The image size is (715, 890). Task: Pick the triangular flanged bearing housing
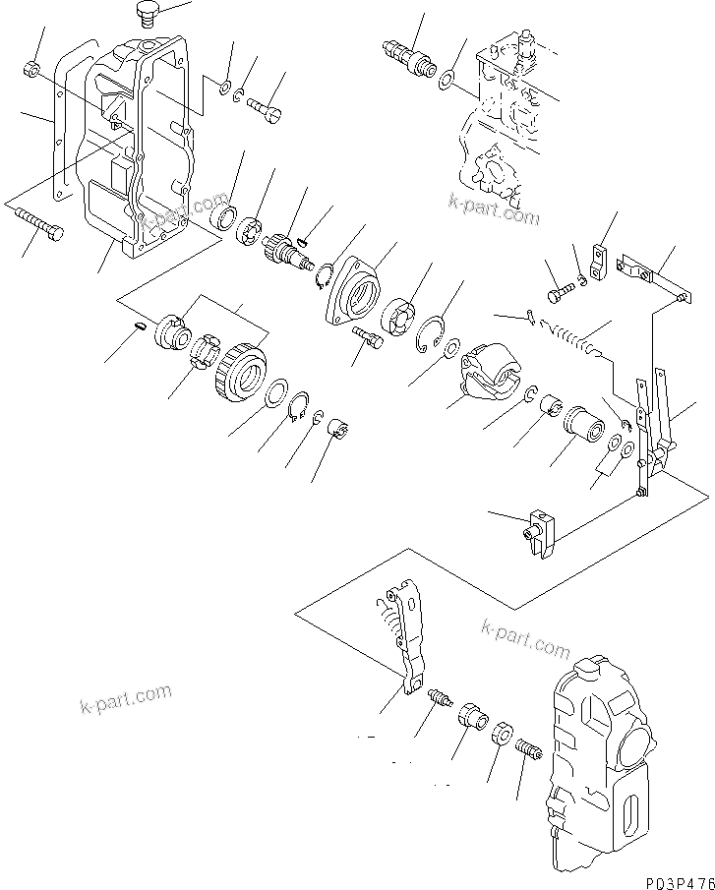point(355,291)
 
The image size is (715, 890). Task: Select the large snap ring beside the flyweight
point(429,333)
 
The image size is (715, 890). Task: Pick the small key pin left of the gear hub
point(140,326)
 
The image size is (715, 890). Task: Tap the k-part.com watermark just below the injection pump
point(494,209)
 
